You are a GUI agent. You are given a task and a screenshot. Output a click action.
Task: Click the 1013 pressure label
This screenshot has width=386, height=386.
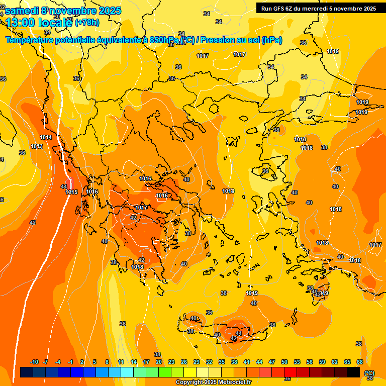[x=36, y=146]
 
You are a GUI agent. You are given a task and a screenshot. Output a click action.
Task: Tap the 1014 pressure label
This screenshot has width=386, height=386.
[x=46, y=137]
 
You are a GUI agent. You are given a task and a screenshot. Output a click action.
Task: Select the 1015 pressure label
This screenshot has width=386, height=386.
[x=71, y=192]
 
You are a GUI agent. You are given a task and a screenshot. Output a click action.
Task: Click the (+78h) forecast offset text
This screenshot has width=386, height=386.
[x=87, y=22]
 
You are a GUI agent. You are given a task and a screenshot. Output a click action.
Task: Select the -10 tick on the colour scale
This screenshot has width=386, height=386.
[x=34, y=362]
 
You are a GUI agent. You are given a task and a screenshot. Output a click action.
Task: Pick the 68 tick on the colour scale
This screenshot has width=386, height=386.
[x=360, y=362]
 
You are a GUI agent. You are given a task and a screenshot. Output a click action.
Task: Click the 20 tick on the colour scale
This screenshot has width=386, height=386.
[x=159, y=362]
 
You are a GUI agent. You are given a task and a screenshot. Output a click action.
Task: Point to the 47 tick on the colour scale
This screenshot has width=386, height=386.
[x=272, y=362]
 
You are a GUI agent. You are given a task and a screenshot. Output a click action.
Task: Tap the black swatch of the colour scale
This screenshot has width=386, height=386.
[x=353, y=372]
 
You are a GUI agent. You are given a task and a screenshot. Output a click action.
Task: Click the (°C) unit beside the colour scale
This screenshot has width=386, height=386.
[x=369, y=373]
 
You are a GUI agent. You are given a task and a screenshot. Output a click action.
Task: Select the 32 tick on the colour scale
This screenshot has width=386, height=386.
[x=209, y=362]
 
